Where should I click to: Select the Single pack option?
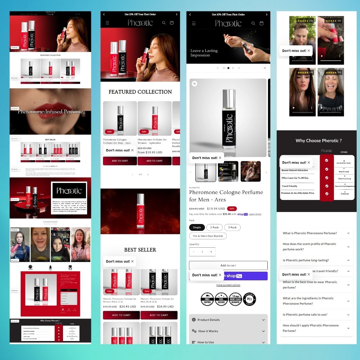(x=197, y=227)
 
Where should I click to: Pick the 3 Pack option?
(x=232, y=227)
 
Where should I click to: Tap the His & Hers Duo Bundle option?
(x=208, y=236)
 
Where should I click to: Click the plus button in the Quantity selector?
(x=211, y=252)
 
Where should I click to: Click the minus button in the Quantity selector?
(x=194, y=252)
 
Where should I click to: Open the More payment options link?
(x=228, y=285)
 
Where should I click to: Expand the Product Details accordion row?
(x=228, y=320)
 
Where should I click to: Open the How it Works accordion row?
(x=228, y=331)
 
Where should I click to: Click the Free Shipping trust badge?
(x=207, y=299)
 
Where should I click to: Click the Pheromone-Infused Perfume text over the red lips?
(x=50, y=112)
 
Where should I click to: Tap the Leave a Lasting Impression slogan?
(x=204, y=53)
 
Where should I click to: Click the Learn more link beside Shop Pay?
(x=255, y=214)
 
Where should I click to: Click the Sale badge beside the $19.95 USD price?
(x=232, y=209)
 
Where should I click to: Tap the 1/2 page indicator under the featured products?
(x=140, y=174)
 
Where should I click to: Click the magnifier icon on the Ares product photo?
(x=195, y=84)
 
